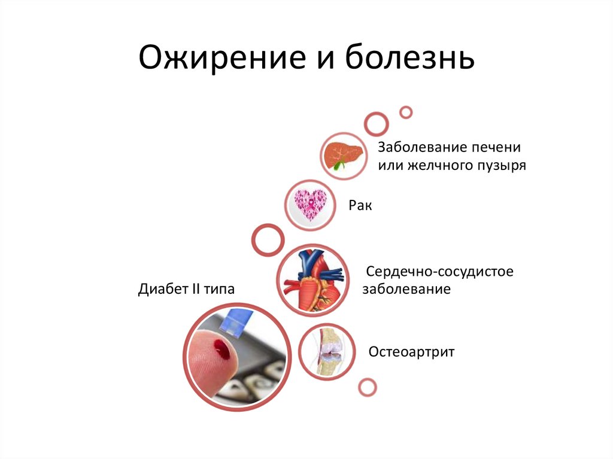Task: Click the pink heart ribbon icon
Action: click(308, 204)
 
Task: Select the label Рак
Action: click(360, 205)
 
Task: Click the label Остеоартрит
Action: click(411, 351)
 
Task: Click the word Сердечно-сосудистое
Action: click(440, 272)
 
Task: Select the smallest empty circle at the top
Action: click(406, 112)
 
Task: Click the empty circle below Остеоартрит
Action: click(368, 387)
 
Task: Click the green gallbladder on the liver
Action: click(339, 162)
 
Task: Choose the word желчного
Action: click(435, 165)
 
